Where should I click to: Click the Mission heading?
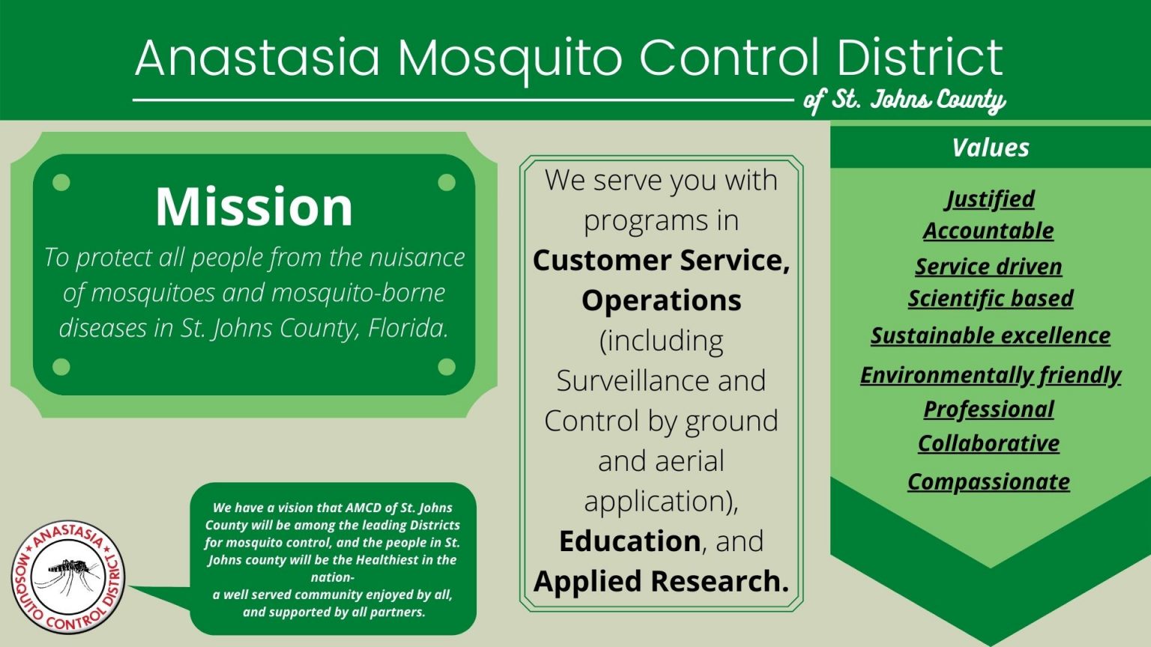(x=254, y=207)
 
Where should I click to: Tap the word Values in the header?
(x=990, y=148)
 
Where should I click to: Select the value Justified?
(x=990, y=198)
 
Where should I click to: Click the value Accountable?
(x=988, y=231)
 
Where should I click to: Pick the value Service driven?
(x=988, y=266)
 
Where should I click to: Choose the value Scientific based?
(x=990, y=298)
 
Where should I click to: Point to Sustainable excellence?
(x=990, y=335)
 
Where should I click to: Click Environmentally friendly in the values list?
(x=990, y=374)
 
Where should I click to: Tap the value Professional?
(x=988, y=409)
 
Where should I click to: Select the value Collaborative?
(x=988, y=443)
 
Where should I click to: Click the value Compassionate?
(x=988, y=482)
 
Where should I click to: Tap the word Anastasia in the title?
(x=258, y=58)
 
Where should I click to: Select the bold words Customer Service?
(x=661, y=261)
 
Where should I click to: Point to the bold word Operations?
(x=661, y=300)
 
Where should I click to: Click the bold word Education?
(x=629, y=541)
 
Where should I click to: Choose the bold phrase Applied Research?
(x=661, y=581)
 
